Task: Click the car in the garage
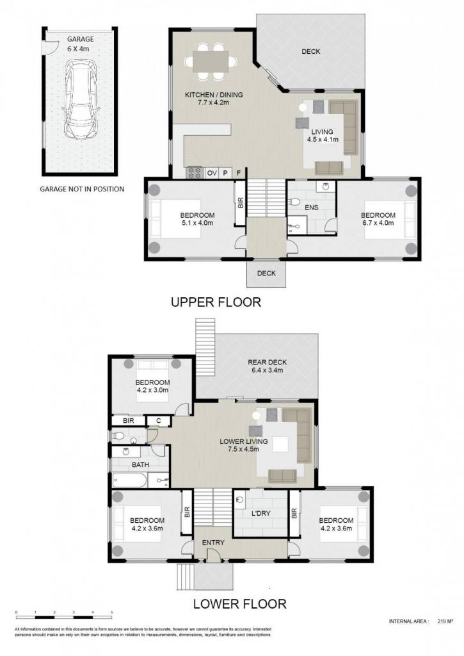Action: click(x=81, y=99)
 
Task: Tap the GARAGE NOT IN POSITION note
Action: click(x=82, y=189)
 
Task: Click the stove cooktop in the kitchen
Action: click(x=195, y=172)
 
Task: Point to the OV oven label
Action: click(x=212, y=173)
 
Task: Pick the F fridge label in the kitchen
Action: click(x=239, y=173)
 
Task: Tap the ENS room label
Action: click(x=312, y=207)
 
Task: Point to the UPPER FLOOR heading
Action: click(x=216, y=302)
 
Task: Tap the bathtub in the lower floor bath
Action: click(x=129, y=480)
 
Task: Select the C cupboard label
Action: click(x=159, y=421)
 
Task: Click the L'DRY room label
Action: click(x=261, y=513)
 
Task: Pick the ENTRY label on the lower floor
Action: click(x=213, y=543)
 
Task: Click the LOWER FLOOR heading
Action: click(x=239, y=604)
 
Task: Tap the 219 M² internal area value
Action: click(x=445, y=621)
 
